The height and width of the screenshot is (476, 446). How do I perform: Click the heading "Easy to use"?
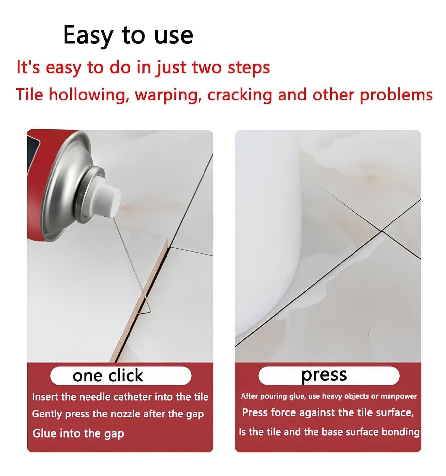(128, 35)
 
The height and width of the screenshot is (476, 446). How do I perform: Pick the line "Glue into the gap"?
(78, 433)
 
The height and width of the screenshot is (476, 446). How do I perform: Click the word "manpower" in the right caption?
(398, 396)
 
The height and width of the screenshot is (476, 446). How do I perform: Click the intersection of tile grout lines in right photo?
(382, 230)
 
